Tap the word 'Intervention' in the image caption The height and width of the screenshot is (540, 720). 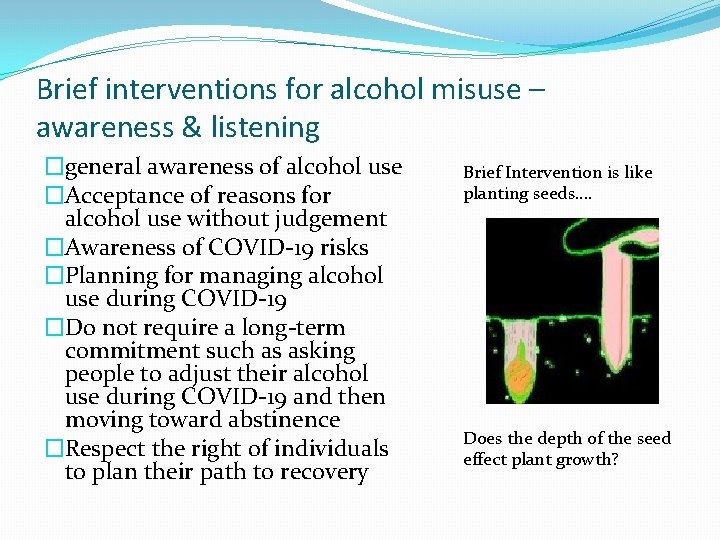[555, 172]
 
